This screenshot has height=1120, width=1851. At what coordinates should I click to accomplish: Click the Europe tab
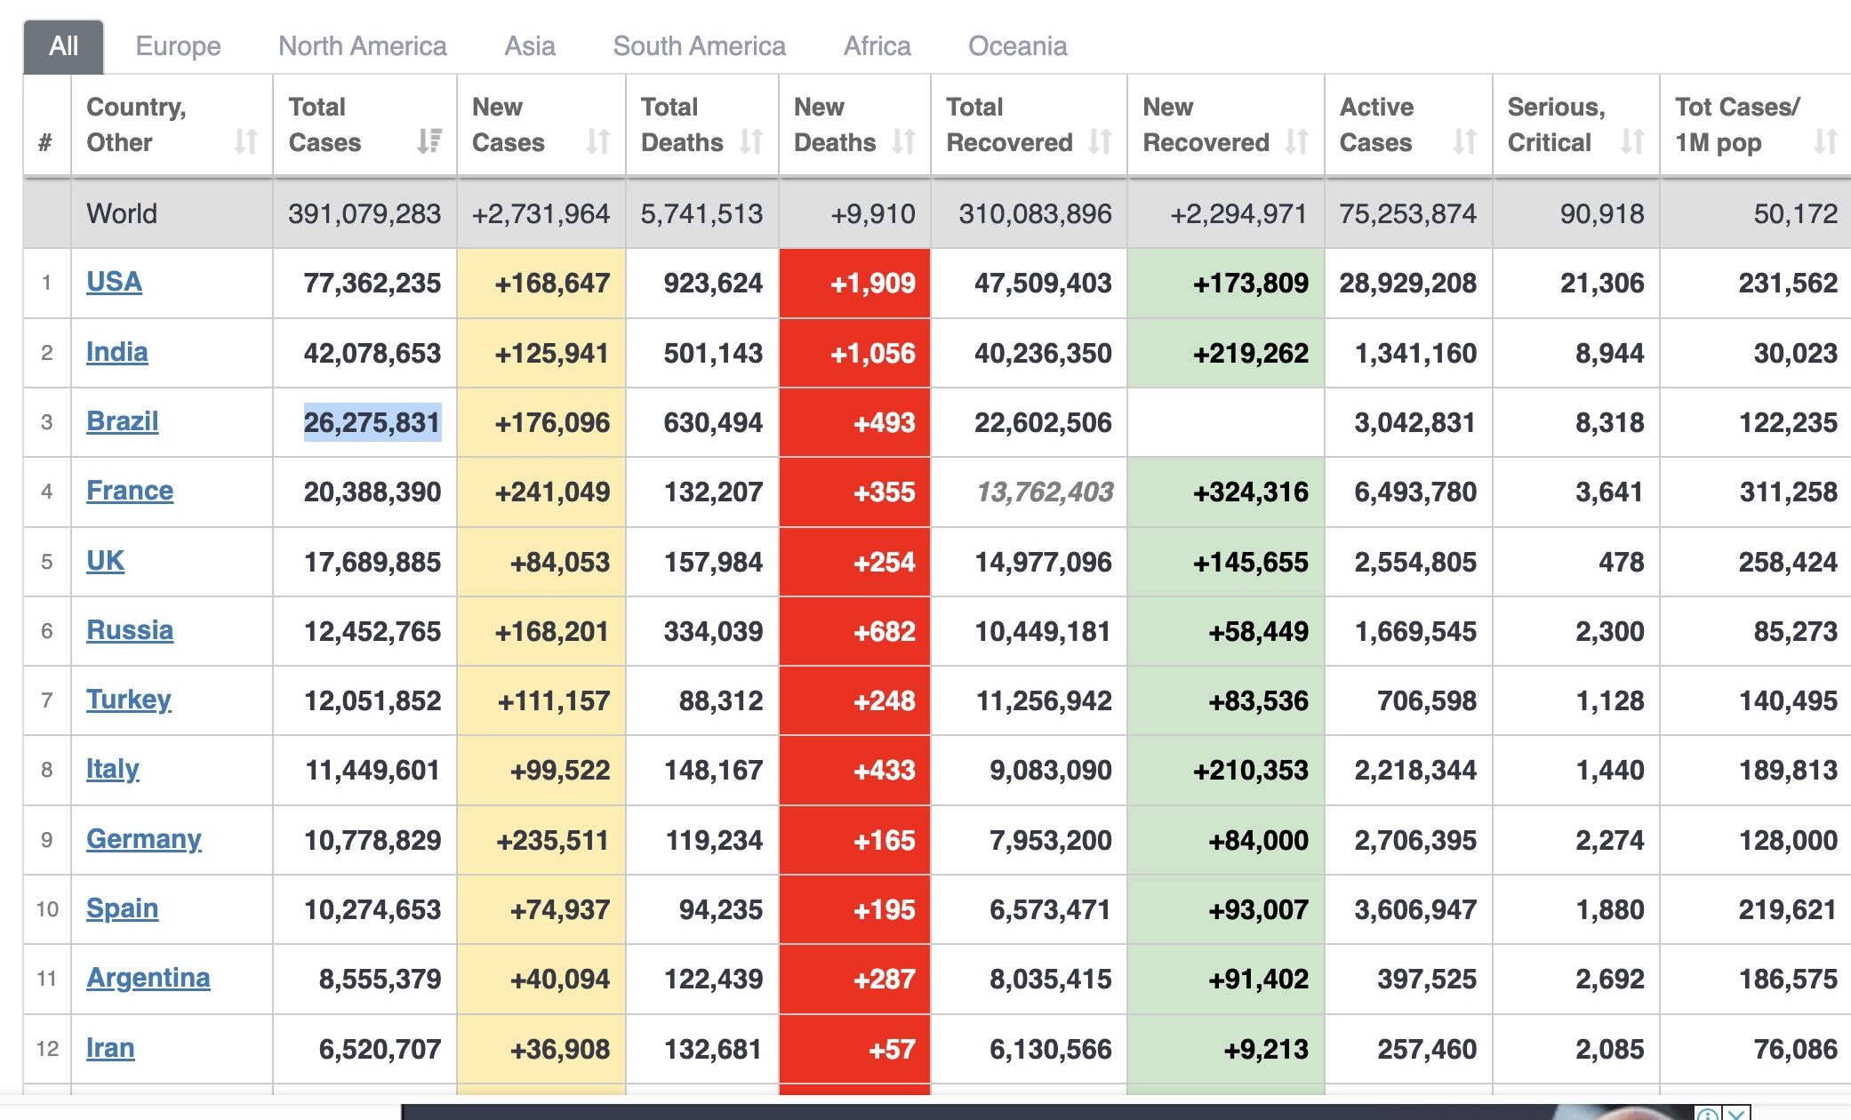click(x=178, y=46)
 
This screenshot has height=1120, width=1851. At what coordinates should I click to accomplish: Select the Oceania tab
click(x=1017, y=46)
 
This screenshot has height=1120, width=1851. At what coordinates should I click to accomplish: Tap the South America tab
click(x=699, y=46)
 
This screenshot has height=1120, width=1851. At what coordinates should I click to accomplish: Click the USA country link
click(x=114, y=282)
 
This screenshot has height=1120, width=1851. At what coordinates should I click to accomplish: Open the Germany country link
click(x=143, y=839)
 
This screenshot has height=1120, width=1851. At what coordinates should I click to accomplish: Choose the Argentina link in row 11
click(x=148, y=978)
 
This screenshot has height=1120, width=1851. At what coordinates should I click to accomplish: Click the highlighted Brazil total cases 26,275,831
click(x=372, y=422)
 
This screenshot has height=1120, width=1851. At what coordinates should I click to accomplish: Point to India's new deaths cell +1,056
click(x=871, y=353)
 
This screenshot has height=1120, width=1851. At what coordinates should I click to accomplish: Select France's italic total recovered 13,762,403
click(x=1045, y=492)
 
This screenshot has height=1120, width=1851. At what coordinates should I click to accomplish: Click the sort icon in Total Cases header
click(x=429, y=141)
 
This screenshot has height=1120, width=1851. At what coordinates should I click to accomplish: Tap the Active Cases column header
click(x=1376, y=124)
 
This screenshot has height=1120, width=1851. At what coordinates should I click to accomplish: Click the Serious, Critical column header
click(x=1556, y=124)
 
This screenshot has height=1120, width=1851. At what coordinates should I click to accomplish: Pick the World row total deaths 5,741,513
click(x=701, y=213)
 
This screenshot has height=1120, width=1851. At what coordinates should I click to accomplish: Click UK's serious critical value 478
click(x=1621, y=562)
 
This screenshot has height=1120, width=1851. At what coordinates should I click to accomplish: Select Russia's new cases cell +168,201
click(x=552, y=631)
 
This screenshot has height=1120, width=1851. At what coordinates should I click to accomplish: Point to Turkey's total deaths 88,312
click(x=720, y=700)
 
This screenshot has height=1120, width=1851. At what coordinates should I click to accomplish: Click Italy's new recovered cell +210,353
click(x=1250, y=770)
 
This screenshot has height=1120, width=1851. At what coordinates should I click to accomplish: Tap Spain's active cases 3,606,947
click(x=1414, y=909)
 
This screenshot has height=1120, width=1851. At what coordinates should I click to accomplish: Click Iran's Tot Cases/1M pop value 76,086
click(x=1795, y=1049)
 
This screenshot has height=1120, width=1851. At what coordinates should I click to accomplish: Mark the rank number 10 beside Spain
click(x=47, y=909)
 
